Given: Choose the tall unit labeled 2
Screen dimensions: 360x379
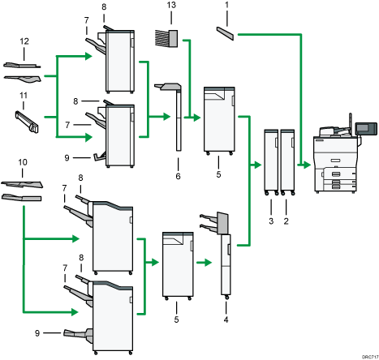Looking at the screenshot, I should tap(286, 158).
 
